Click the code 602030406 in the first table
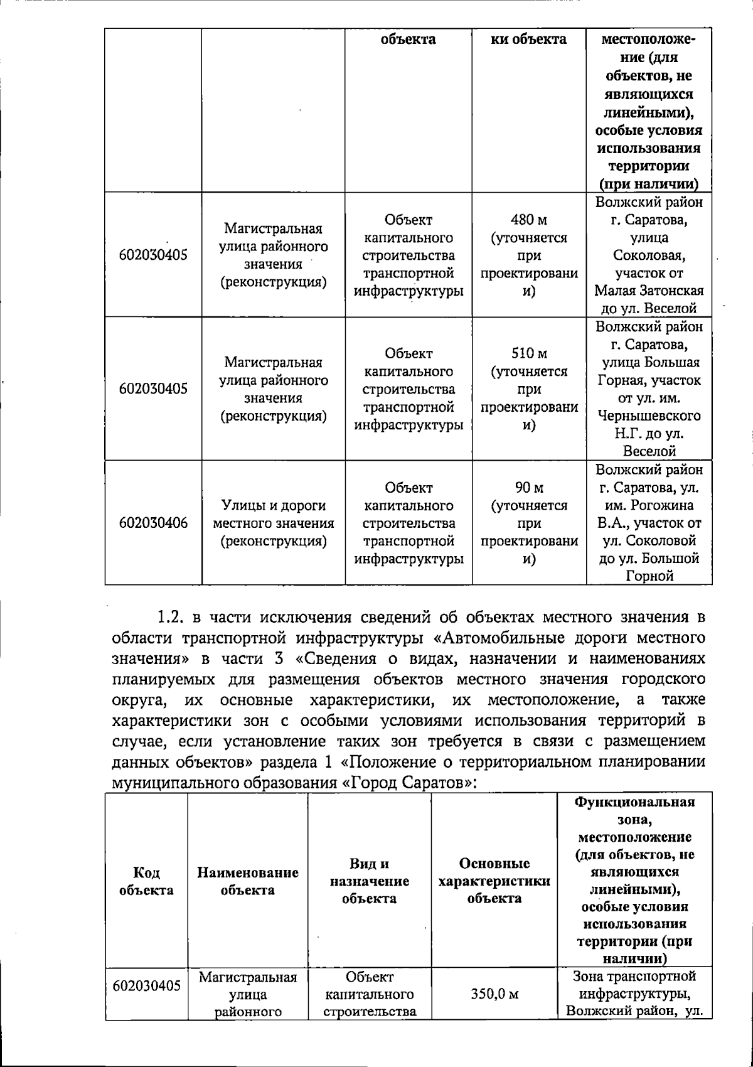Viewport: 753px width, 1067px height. [x=153, y=523]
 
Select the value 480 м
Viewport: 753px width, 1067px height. [x=529, y=220]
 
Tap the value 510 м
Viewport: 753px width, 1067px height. [x=529, y=354]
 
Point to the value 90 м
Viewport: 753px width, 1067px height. [x=529, y=488]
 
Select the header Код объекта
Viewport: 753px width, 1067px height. [x=146, y=881]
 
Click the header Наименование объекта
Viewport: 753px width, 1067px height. [x=247, y=881]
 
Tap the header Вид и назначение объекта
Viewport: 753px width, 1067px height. [x=369, y=881]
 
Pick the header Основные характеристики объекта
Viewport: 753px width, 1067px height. [x=494, y=881]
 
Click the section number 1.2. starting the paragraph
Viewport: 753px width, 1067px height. [x=169, y=617]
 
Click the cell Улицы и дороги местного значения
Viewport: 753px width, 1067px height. [x=274, y=523]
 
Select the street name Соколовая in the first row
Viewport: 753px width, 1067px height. [x=649, y=255]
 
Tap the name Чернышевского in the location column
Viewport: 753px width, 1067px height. [x=649, y=416]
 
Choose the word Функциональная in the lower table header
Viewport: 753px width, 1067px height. [x=635, y=802]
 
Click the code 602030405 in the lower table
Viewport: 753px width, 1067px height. [x=146, y=985]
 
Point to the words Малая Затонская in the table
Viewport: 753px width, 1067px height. [x=649, y=291]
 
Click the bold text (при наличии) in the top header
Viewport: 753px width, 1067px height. [x=649, y=184]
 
